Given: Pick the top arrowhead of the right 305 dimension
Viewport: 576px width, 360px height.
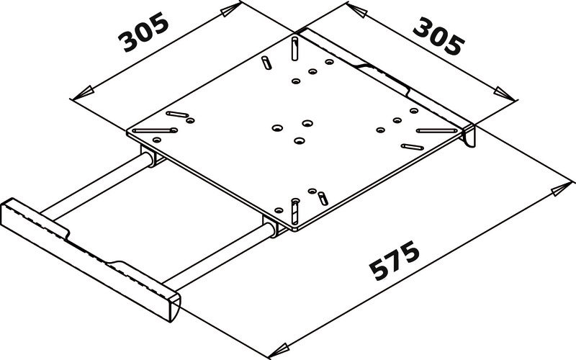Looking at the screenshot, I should click(x=354, y=9).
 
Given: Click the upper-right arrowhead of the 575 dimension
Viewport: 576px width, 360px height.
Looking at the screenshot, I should click(x=558, y=189).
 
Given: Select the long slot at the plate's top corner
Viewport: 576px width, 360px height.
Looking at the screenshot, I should click(x=295, y=48).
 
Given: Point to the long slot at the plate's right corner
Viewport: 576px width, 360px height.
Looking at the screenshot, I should click(x=438, y=131).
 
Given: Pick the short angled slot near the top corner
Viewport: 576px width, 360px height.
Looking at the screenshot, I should click(x=267, y=60).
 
